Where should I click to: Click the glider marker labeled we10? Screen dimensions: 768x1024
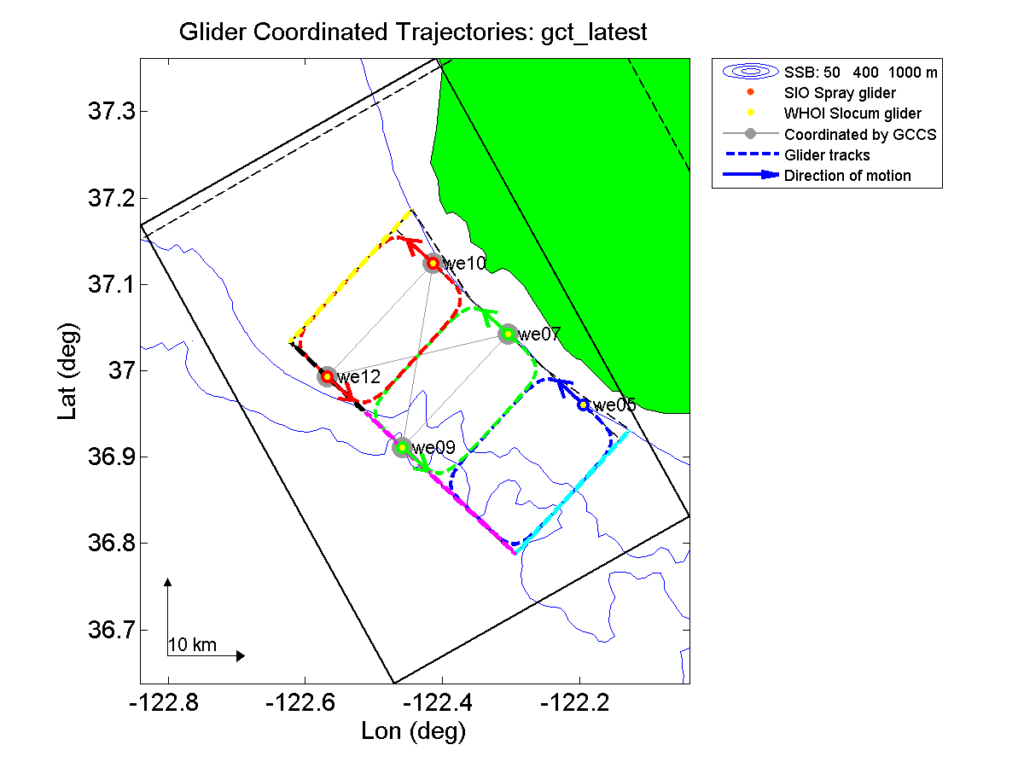coord(433,263)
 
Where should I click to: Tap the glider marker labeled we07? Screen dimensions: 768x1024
coord(508,333)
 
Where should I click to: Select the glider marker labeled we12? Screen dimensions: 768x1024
coord(327,376)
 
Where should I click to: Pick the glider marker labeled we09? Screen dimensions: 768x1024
coord(402,447)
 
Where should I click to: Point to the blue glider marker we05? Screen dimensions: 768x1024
coord(583,404)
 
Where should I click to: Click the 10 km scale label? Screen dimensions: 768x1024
coord(192,645)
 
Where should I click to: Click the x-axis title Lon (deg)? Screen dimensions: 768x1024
coord(414,730)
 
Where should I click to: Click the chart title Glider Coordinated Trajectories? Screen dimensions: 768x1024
coord(413,32)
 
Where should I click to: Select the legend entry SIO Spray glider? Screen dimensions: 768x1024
coord(841,92)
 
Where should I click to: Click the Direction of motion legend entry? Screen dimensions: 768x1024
coord(847,176)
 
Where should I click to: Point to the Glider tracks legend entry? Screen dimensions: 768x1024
coord(827,155)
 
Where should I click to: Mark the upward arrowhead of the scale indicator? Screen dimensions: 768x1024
coord(168,582)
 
